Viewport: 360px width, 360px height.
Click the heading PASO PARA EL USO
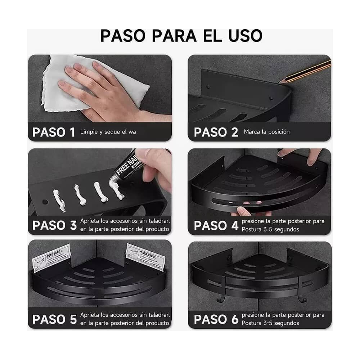point(181,36)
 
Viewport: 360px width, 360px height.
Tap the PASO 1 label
point(54,132)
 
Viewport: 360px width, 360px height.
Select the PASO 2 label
point(216,132)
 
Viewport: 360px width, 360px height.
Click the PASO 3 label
point(54,225)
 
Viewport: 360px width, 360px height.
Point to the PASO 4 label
point(216,225)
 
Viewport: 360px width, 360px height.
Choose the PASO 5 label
point(54,319)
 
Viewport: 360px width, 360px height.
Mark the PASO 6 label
point(216,319)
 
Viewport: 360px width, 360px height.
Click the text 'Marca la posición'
point(266,132)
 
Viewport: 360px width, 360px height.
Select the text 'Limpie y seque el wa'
point(108,132)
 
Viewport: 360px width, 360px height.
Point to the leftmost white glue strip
point(59,200)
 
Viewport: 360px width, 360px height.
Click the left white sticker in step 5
point(51,258)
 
